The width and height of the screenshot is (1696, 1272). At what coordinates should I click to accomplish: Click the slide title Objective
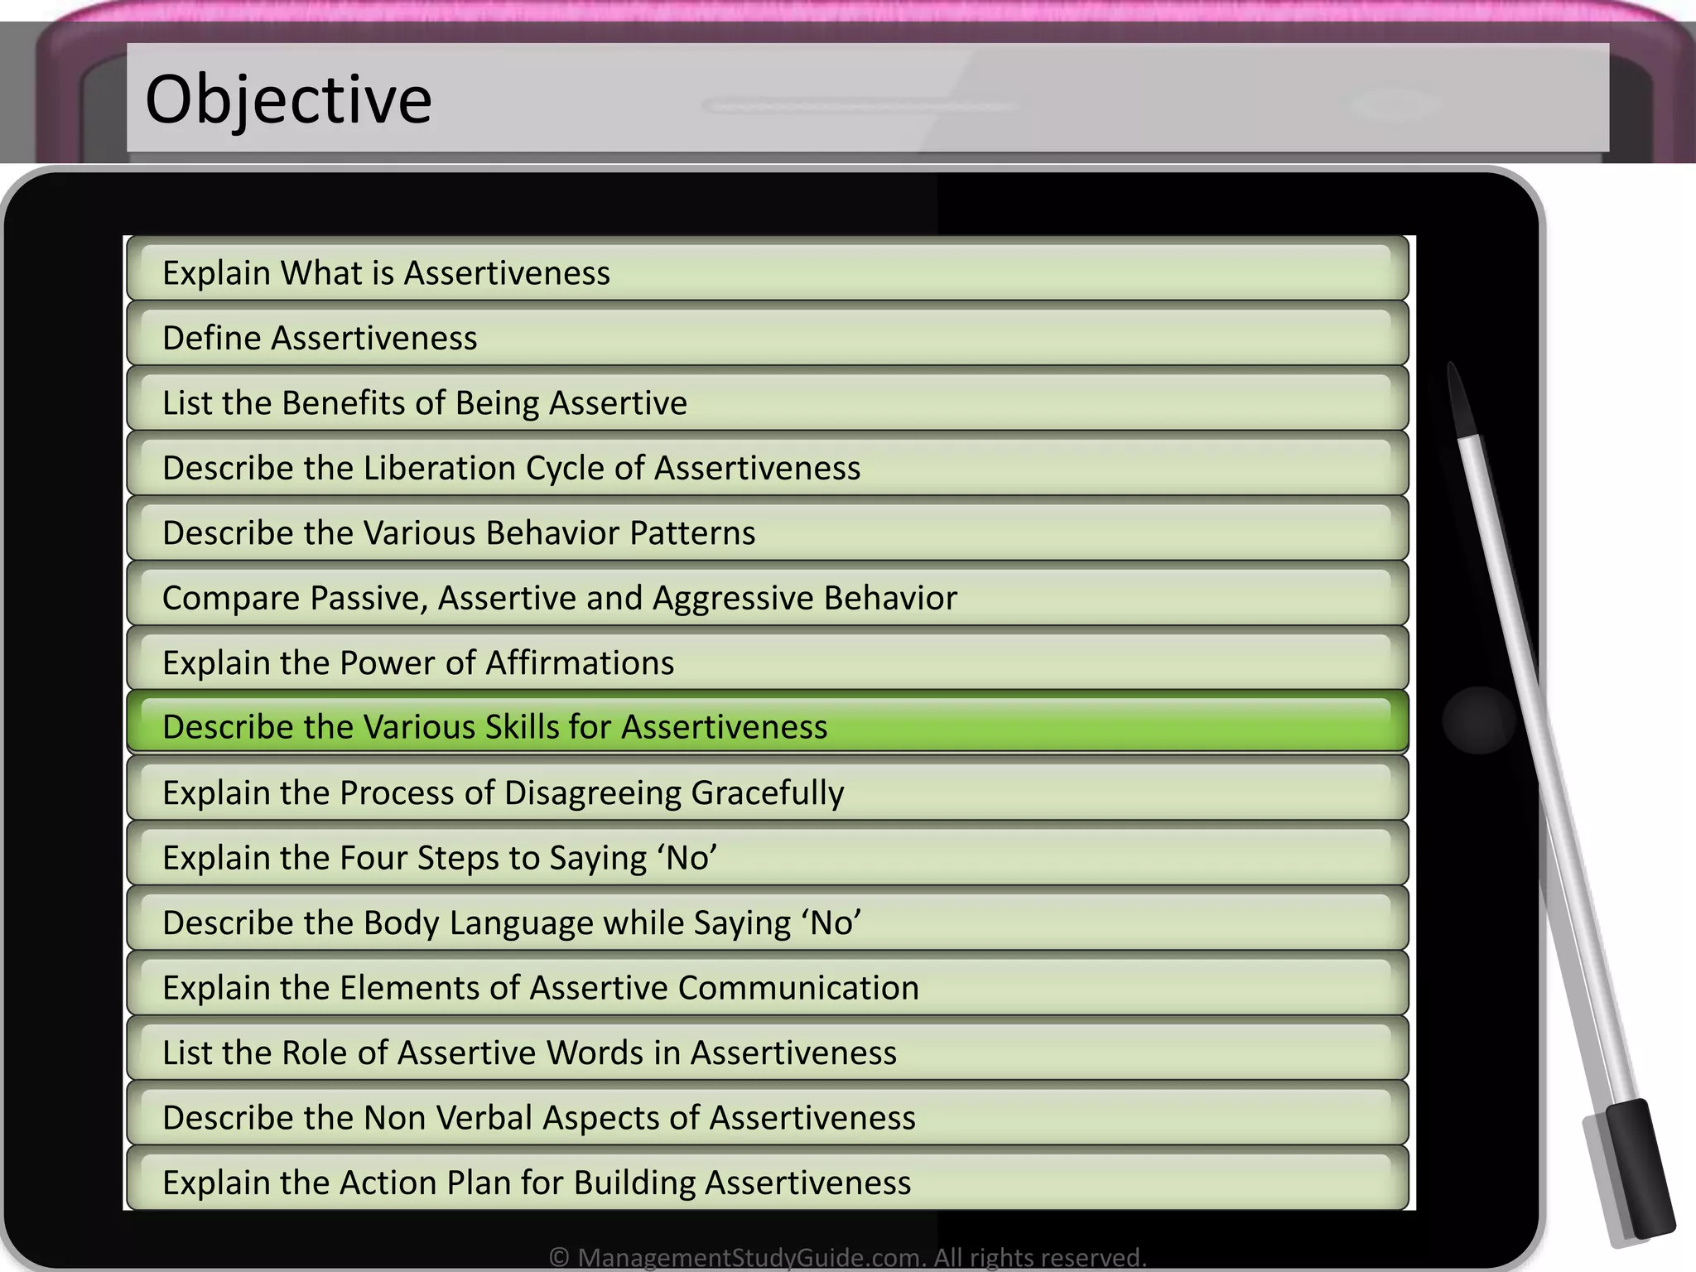[288, 100]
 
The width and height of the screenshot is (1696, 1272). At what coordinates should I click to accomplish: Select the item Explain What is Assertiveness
[386, 272]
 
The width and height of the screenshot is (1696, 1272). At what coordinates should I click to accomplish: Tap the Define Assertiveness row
[320, 338]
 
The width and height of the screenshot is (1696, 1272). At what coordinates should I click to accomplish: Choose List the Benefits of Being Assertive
[424, 403]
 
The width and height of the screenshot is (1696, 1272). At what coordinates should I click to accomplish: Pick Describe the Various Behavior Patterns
[459, 533]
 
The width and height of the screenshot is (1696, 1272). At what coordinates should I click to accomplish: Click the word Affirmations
[580, 663]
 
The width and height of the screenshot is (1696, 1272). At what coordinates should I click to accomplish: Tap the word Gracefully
[768, 793]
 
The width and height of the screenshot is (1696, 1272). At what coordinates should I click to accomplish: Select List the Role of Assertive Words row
[529, 1053]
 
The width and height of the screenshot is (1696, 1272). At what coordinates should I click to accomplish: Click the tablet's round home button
[1478, 720]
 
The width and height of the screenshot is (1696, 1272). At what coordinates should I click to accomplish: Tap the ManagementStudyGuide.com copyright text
[847, 1258]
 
